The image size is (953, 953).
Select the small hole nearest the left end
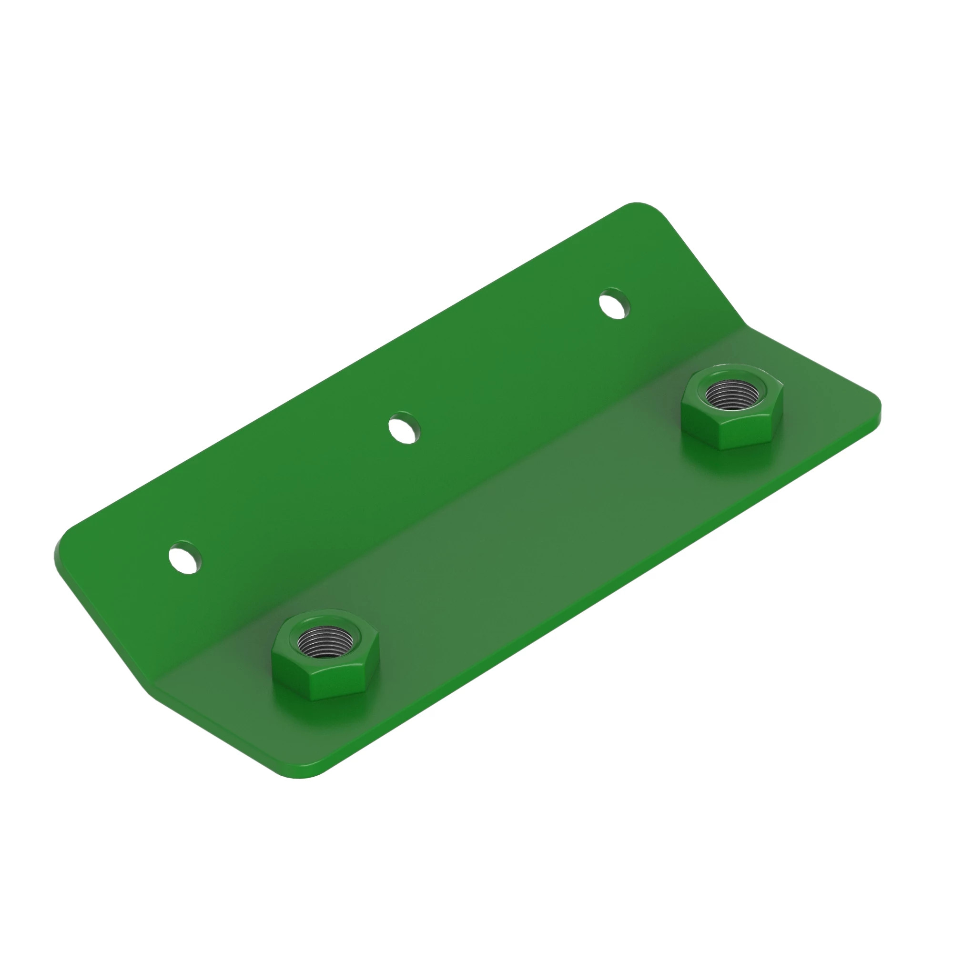pos(185,558)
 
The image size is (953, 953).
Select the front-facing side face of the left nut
pos(332,685)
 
